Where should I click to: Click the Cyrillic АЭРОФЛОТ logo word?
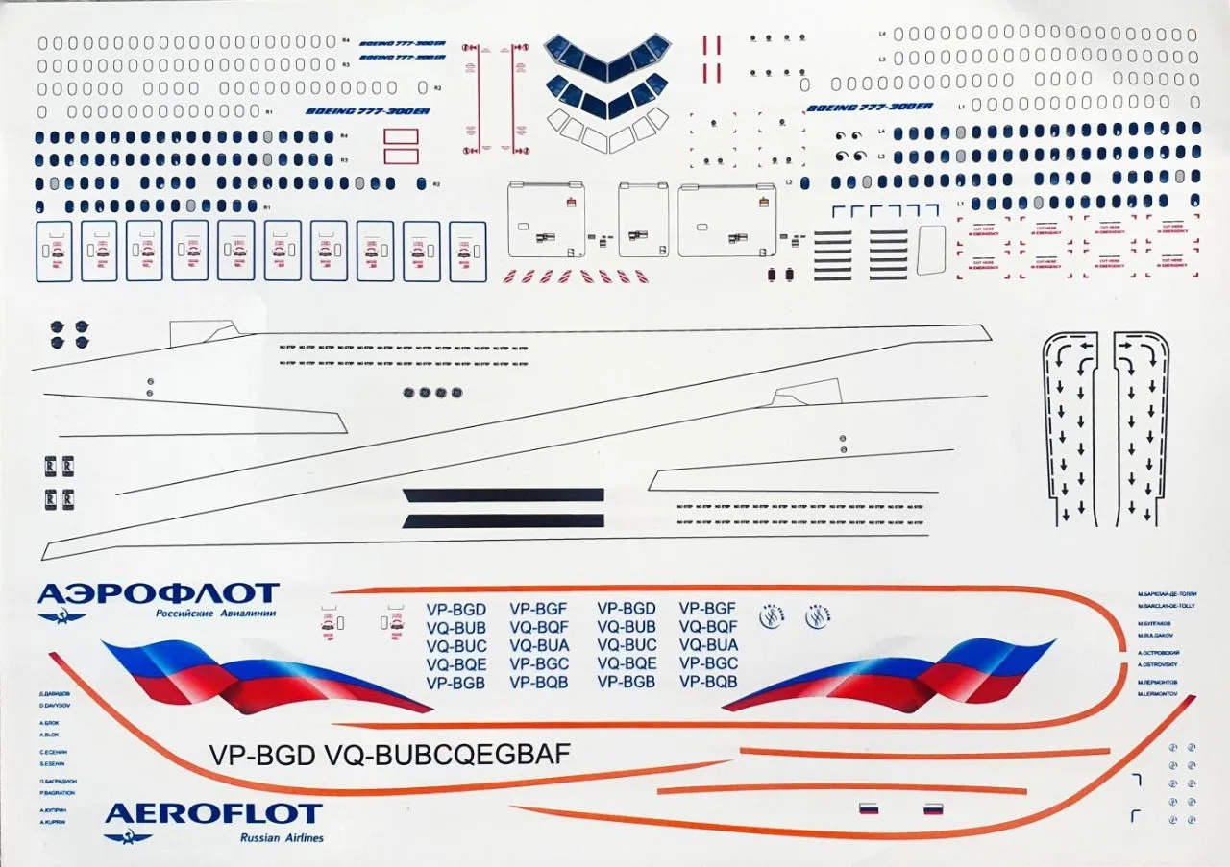[x=159, y=593]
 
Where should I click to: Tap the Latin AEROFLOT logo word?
[x=212, y=814]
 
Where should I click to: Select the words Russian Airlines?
[x=282, y=838]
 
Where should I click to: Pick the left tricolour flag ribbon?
[x=259, y=675]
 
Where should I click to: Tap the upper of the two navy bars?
[x=504, y=495]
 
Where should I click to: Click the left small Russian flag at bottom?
[x=868, y=808]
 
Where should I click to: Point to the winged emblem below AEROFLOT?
[x=128, y=838]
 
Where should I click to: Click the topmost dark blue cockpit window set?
[x=607, y=56]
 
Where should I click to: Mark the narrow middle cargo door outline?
[x=644, y=220]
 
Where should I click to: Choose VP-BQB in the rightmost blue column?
[x=708, y=682]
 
